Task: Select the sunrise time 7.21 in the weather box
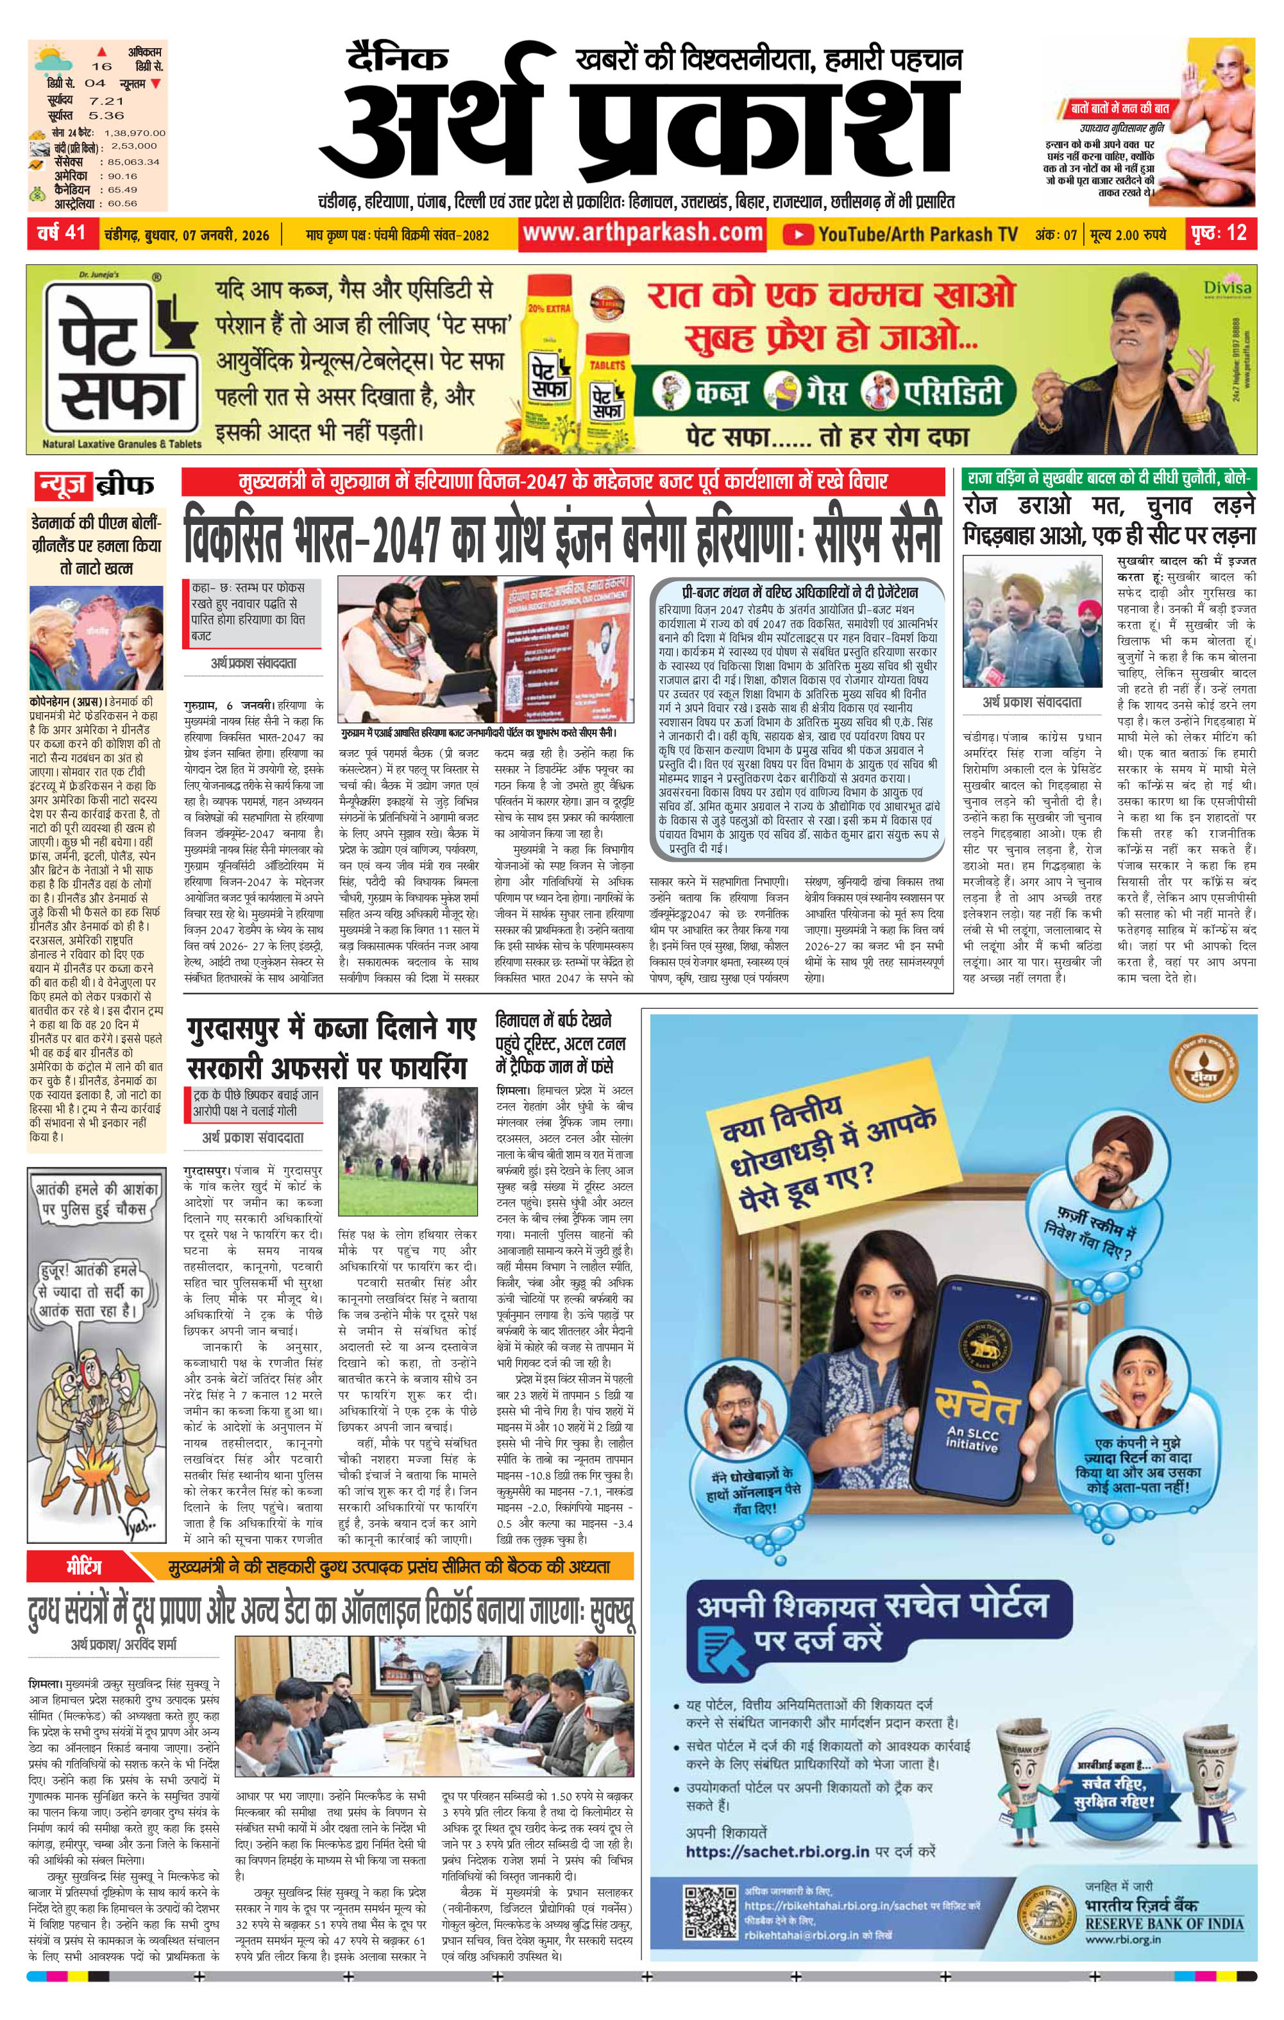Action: tap(106, 100)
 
